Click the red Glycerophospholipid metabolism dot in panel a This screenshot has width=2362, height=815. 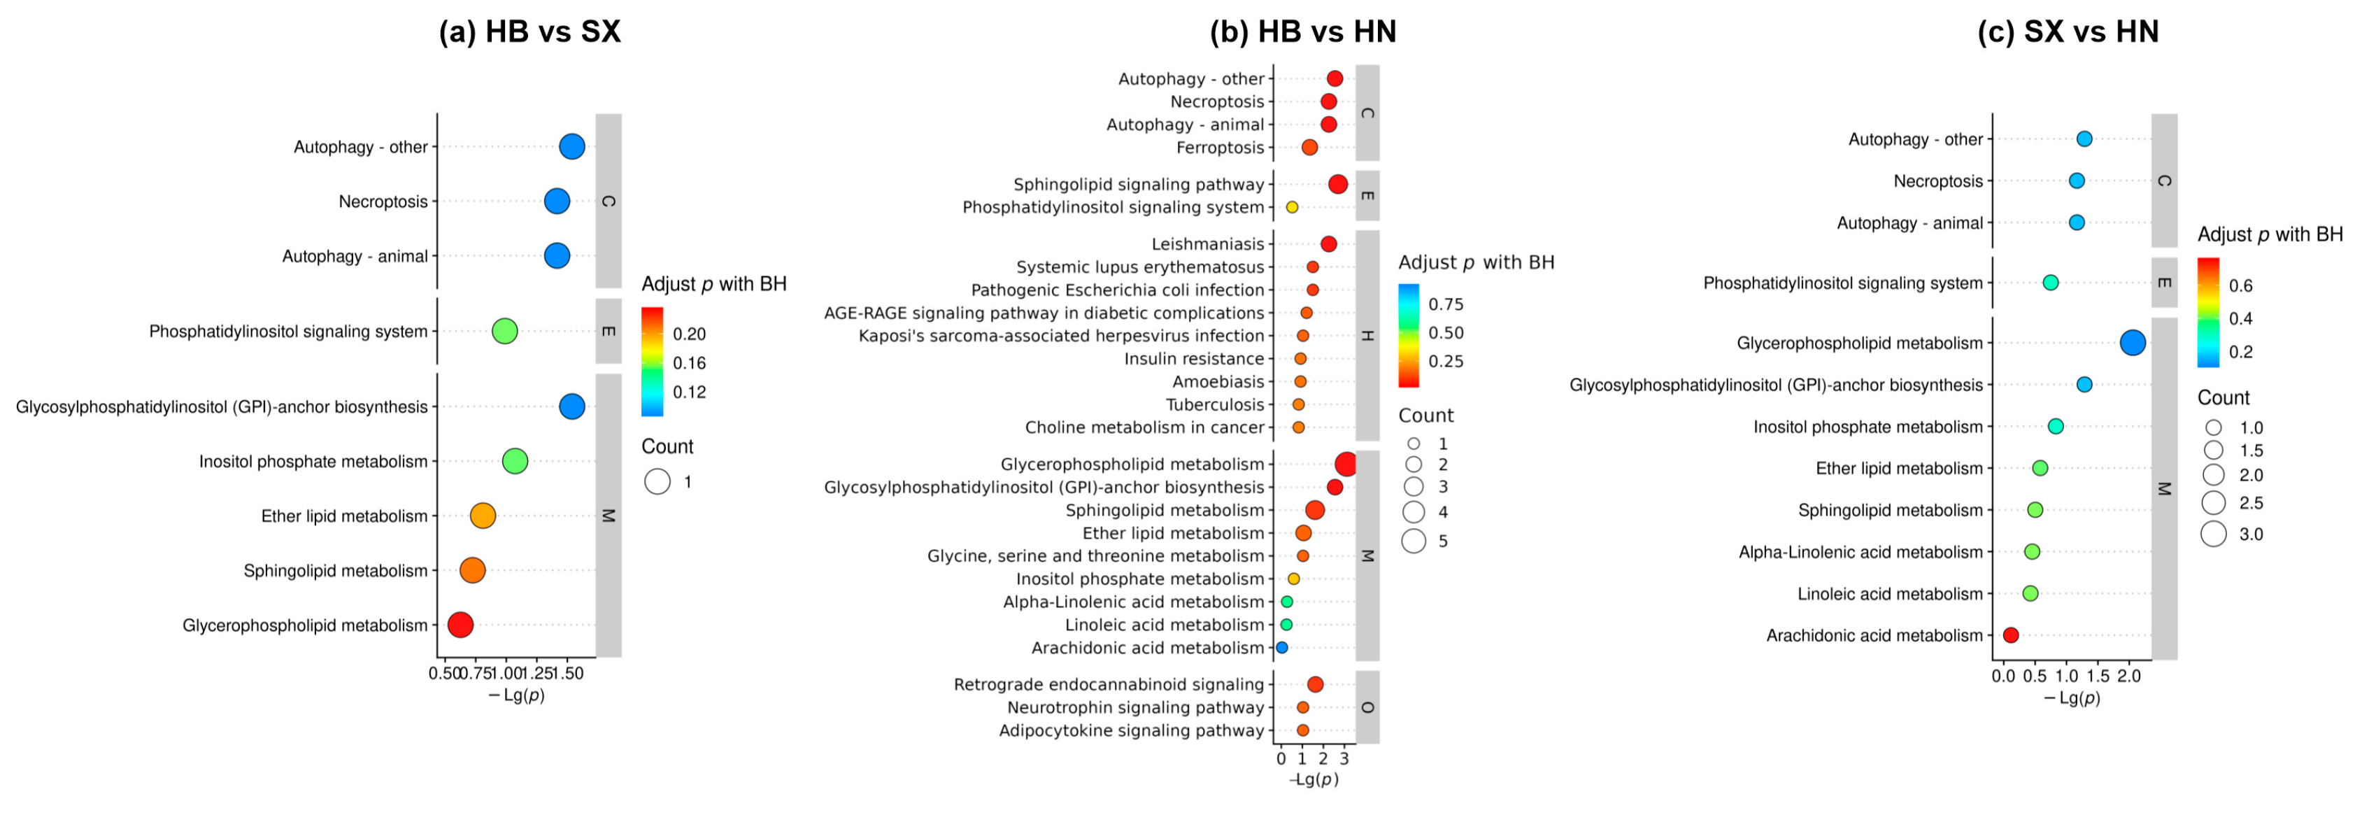pyautogui.click(x=460, y=625)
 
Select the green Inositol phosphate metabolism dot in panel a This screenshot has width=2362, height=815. pyautogui.click(x=515, y=461)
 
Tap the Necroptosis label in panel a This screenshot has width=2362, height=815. pyautogui.click(x=383, y=201)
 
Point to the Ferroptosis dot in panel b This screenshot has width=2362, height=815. pyautogui.click(x=1309, y=148)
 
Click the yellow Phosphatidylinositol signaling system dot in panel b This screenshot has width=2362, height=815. pyautogui.click(x=1292, y=207)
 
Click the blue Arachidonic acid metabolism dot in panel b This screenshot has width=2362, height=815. pyautogui.click(x=1282, y=648)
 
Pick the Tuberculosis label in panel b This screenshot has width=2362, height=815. pyautogui.click(x=1214, y=404)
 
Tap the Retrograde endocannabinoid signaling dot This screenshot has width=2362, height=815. pyautogui.click(x=1315, y=685)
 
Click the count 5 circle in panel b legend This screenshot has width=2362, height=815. pyautogui.click(x=1413, y=541)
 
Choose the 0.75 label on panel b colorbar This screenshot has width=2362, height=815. pyautogui.click(x=1446, y=304)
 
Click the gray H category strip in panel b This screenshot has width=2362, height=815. pyautogui.click(x=1367, y=336)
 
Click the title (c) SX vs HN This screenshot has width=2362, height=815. pyautogui.click(x=2068, y=32)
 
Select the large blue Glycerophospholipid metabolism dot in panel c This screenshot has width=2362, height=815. pyautogui.click(x=2133, y=343)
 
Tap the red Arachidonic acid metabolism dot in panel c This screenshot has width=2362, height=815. pyautogui.click(x=2011, y=635)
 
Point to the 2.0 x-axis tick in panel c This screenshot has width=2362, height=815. pyautogui.click(x=2128, y=676)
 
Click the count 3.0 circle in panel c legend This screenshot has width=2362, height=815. pyautogui.click(x=2214, y=534)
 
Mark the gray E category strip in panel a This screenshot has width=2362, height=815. pyautogui.click(x=608, y=331)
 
